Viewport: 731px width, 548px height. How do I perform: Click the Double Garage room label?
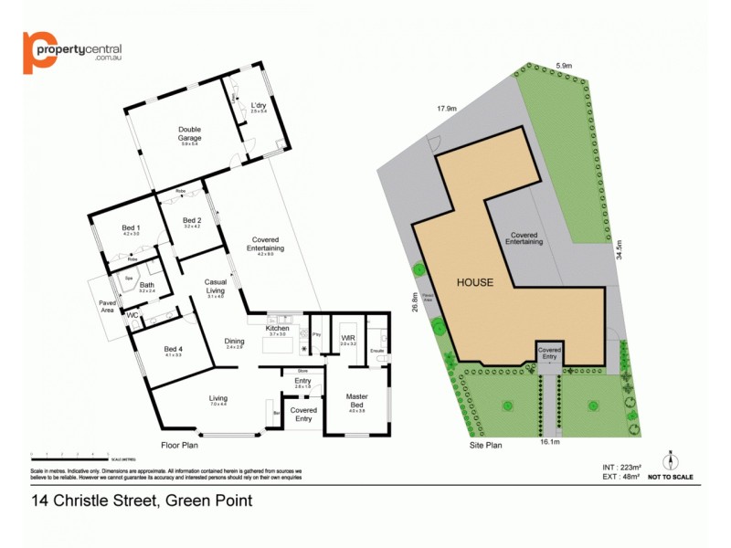pyautogui.click(x=189, y=130)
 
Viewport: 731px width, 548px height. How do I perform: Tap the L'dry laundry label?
pyautogui.click(x=259, y=106)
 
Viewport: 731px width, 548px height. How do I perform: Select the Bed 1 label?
pyautogui.click(x=132, y=227)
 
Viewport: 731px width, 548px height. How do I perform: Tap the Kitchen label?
pyautogui.click(x=277, y=328)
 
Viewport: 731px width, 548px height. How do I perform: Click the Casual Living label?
pyautogui.click(x=216, y=285)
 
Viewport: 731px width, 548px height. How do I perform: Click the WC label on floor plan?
pyautogui.click(x=132, y=315)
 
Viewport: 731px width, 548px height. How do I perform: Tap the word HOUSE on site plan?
pyautogui.click(x=476, y=283)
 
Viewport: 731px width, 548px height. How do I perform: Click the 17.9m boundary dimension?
pyautogui.click(x=445, y=109)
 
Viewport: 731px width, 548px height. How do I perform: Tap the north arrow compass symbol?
pyautogui.click(x=670, y=458)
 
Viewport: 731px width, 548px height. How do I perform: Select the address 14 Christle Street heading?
pyautogui.click(x=142, y=501)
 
